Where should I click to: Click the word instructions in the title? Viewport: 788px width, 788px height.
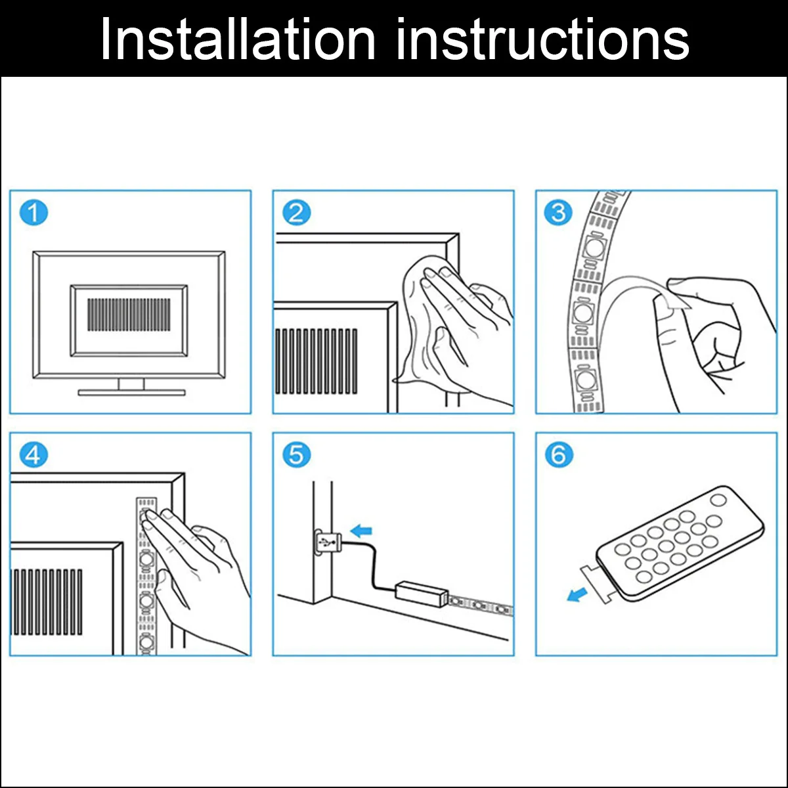542,39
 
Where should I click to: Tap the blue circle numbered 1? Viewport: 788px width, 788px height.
33,213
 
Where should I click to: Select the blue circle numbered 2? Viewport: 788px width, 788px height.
296,213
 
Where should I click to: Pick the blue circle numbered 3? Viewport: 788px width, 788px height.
559,213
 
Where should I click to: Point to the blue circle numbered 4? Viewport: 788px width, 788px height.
33,454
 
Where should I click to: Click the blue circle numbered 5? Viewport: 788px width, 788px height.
296,454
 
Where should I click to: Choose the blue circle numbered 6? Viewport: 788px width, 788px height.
559,454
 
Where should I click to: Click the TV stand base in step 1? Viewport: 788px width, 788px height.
132,393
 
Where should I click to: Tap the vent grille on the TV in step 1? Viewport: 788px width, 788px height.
129,315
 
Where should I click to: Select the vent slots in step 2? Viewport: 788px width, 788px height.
316,361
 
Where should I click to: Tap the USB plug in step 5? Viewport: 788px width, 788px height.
327,543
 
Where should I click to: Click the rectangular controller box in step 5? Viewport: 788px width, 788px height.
421,593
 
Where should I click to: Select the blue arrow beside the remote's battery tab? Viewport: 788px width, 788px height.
577,595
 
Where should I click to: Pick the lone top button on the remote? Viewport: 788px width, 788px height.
718,500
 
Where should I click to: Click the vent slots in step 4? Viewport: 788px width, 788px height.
48,602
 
